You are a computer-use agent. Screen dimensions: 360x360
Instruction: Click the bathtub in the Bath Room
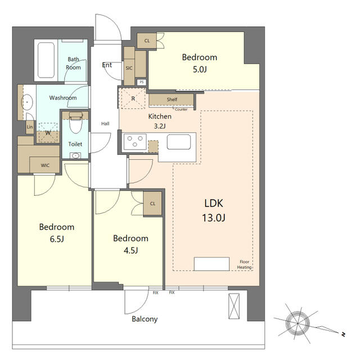click(46, 60)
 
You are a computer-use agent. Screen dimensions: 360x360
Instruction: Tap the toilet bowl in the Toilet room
click(75, 123)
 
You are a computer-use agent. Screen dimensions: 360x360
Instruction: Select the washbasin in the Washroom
click(27, 102)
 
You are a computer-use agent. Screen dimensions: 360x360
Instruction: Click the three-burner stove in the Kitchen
click(135, 141)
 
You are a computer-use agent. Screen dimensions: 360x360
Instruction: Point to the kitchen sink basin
click(179, 142)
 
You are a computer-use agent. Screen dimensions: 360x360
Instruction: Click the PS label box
click(141, 82)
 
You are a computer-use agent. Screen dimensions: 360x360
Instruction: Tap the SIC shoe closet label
click(129, 68)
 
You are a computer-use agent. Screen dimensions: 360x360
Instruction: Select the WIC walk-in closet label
click(45, 165)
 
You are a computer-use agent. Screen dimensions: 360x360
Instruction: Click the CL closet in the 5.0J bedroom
click(147, 40)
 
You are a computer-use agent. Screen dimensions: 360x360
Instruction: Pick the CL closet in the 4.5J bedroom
click(152, 204)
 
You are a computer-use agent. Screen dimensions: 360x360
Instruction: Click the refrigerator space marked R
click(133, 98)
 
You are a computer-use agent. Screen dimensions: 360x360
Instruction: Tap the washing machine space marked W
click(48, 133)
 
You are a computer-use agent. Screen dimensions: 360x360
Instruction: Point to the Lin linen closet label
click(30, 127)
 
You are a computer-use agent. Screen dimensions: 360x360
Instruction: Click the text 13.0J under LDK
click(214, 218)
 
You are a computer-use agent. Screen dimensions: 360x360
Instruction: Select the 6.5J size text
click(57, 239)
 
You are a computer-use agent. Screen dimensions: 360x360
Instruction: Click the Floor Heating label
click(244, 264)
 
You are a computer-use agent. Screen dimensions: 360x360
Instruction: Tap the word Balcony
click(145, 319)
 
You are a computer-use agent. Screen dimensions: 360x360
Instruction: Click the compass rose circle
click(298, 323)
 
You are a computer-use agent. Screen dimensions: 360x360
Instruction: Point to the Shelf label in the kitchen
click(172, 100)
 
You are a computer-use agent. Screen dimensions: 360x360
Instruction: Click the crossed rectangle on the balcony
click(234, 306)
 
